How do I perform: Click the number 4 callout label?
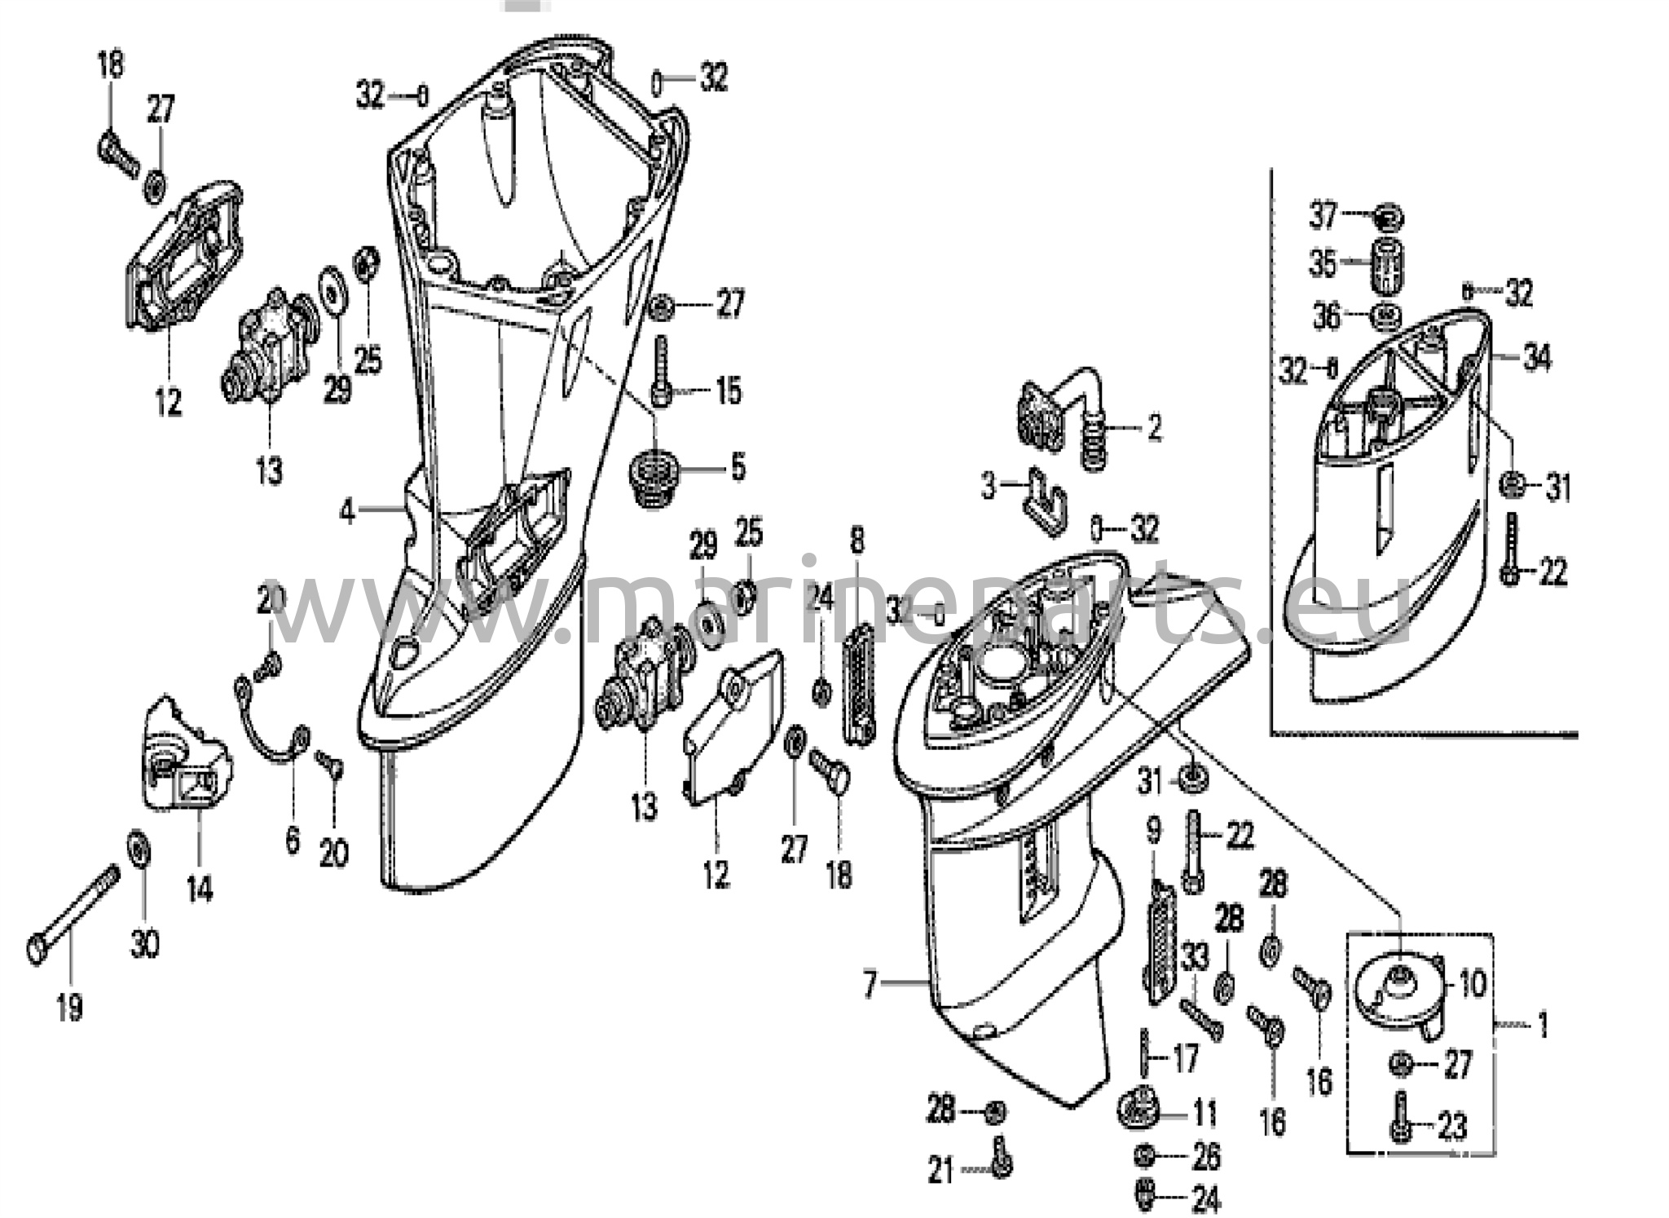click(x=347, y=512)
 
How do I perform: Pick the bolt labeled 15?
click(x=661, y=371)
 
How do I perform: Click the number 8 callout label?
click(x=857, y=541)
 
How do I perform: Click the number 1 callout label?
click(x=1542, y=1025)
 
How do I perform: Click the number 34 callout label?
click(x=1537, y=357)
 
